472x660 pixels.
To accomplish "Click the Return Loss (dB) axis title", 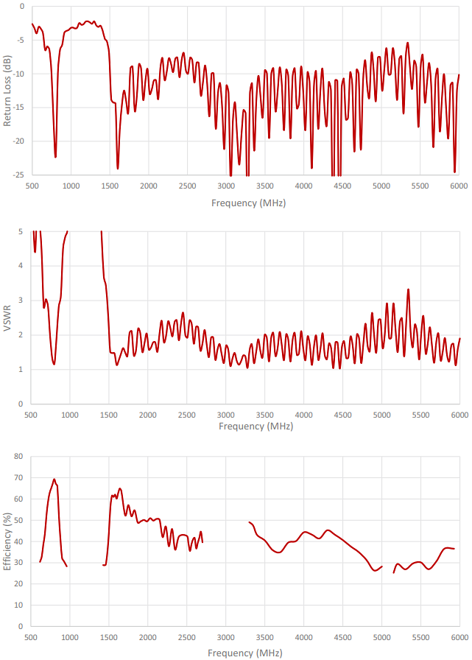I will [x=7, y=91].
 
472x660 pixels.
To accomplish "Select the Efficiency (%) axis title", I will [x=7, y=541].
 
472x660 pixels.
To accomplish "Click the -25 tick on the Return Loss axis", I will [x=18, y=175].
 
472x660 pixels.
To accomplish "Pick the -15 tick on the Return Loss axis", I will [x=18, y=108].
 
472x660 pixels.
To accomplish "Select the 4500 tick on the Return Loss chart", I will [x=341, y=186].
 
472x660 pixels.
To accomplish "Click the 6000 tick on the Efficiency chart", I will [x=459, y=637].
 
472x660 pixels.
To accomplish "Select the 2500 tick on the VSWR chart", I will [x=187, y=415].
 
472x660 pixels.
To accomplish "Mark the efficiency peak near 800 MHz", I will [x=54, y=480].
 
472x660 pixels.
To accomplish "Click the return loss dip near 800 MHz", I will [x=55, y=157].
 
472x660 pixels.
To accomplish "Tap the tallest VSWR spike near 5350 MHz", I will [x=408, y=289].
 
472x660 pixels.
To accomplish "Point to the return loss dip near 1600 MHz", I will [x=118, y=169].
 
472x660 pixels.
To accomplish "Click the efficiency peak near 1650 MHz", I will [x=119, y=488].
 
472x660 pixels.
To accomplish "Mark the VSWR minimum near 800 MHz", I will [x=54, y=364].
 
